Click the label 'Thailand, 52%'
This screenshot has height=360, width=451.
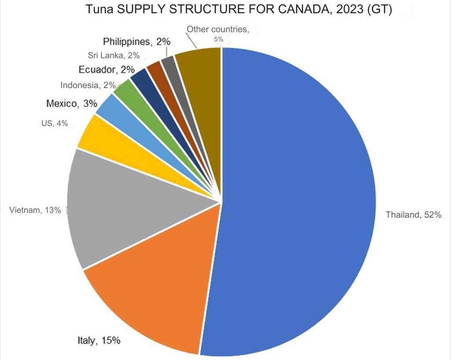(x=413, y=215)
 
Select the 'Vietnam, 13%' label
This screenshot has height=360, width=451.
(x=35, y=210)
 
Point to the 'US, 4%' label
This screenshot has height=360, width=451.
(x=55, y=124)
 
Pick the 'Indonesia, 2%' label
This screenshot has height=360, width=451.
(x=88, y=85)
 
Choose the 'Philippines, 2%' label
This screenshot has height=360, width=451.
(x=137, y=42)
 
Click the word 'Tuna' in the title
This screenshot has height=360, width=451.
(x=98, y=9)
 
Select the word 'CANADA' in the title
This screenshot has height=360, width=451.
(x=303, y=9)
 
